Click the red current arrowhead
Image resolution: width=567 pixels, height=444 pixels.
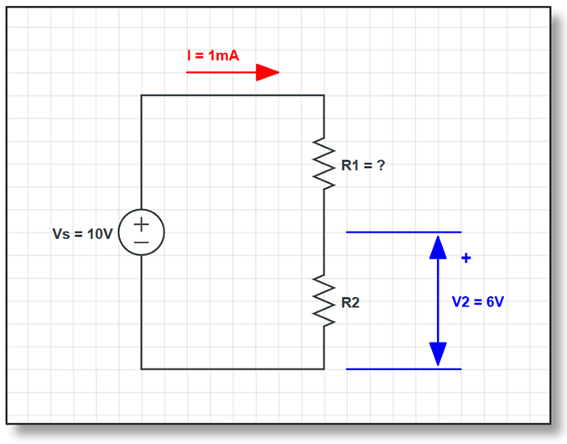268,73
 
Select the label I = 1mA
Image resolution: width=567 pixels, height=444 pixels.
213,55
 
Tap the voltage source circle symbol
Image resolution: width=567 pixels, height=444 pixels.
141,232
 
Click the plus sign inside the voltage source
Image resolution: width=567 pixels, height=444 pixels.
141,223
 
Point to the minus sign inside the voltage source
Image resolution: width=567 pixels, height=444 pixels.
141,242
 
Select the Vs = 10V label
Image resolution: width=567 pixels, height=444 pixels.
82,233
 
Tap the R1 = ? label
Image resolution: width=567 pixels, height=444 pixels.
362,165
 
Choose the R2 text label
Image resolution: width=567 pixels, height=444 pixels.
350,302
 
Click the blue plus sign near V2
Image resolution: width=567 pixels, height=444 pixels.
466,259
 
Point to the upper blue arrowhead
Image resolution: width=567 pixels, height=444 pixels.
438,246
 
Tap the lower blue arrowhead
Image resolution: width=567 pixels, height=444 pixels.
438,354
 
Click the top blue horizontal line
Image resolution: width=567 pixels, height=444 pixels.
403,232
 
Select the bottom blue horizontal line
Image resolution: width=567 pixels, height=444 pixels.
403,368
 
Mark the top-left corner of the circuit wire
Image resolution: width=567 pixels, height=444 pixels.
141,96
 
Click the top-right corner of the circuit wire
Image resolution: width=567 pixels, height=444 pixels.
324,96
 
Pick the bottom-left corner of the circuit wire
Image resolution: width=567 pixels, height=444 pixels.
141,368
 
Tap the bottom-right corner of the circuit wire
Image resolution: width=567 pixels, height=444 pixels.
324,368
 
